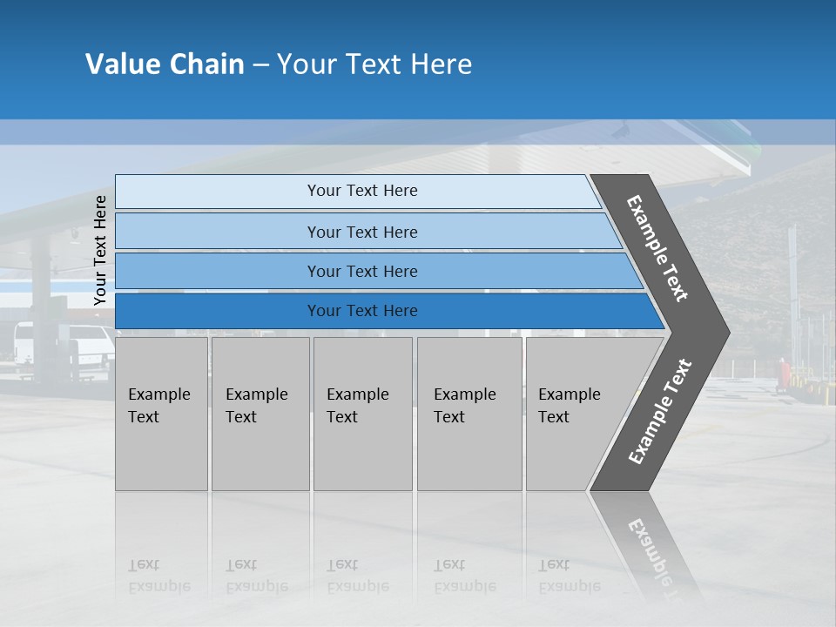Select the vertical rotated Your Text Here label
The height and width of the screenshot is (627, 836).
click(x=100, y=250)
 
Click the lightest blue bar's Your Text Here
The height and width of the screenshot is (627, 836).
click(x=362, y=191)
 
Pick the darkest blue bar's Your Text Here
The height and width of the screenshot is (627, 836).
click(x=362, y=311)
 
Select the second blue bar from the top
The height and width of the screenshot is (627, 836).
click(x=362, y=232)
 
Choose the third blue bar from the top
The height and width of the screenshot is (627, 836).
click(x=362, y=272)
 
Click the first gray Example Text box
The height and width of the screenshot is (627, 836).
click(x=161, y=414)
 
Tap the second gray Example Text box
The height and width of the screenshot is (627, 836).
click(x=260, y=414)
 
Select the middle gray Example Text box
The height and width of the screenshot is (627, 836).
click(x=362, y=414)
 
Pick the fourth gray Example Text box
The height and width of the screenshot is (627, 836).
click(x=469, y=414)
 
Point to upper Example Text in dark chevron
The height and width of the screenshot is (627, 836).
click(x=658, y=248)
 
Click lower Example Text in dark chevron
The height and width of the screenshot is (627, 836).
click(x=660, y=411)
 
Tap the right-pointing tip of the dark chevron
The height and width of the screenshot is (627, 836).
click(x=725, y=332)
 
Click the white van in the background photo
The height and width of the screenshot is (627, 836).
click(x=65, y=345)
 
